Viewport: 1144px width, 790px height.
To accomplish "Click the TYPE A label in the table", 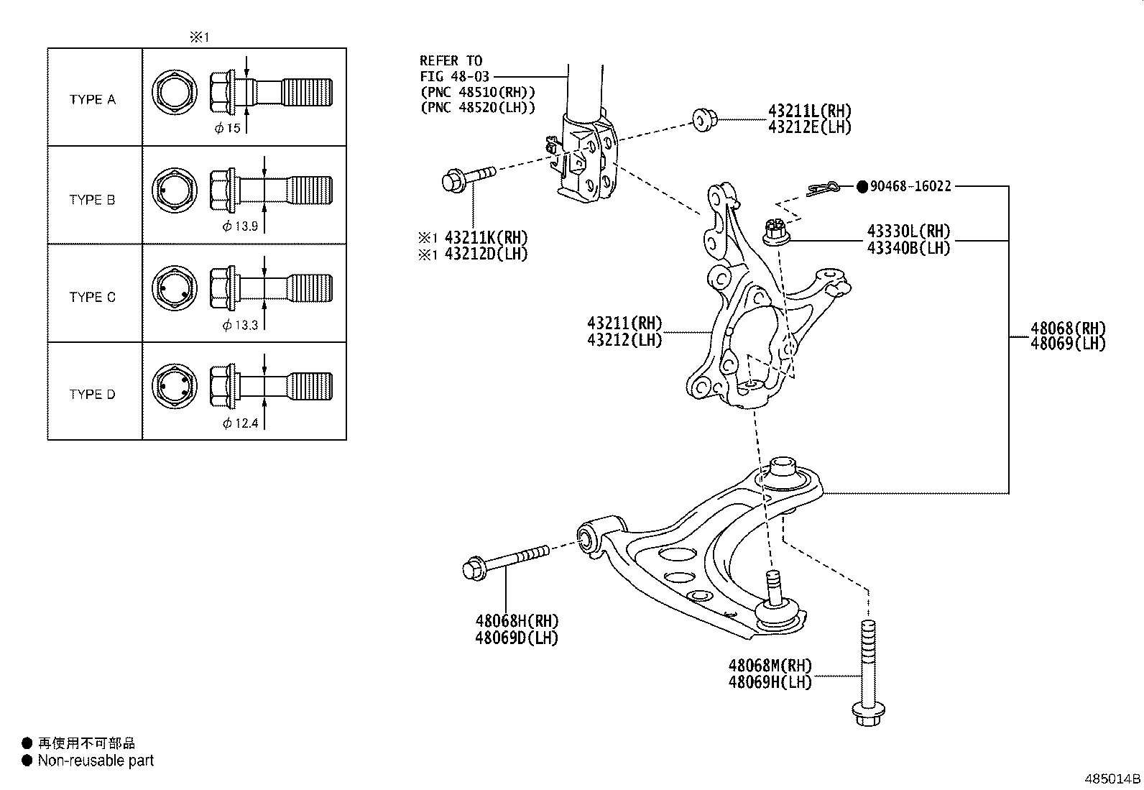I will tap(92, 99).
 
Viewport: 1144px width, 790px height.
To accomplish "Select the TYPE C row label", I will tap(92, 297).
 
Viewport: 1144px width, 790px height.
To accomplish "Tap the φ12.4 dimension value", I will tap(240, 423).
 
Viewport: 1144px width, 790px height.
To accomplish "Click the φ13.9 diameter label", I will tap(240, 226).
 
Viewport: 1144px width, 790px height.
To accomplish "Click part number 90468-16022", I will tap(910, 186).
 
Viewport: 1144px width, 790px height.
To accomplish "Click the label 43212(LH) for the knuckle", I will tap(624, 339).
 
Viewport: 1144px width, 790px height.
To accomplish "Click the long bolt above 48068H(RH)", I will tap(504, 561).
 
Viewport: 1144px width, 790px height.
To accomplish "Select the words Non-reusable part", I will tap(96, 761).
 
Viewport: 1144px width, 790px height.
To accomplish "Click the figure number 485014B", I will tap(1112, 778).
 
